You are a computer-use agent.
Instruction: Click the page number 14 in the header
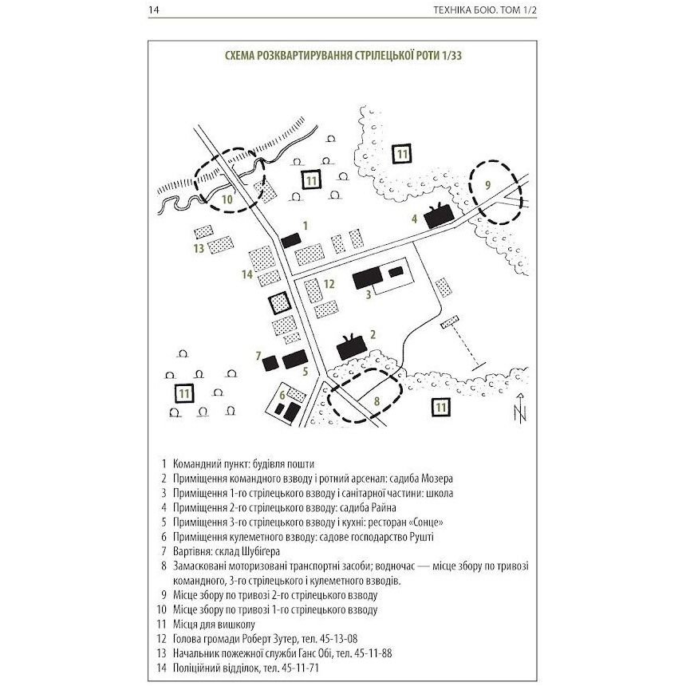click(x=154, y=11)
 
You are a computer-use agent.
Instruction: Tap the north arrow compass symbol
click(x=520, y=409)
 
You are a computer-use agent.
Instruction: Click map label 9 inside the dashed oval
click(x=488, y=185)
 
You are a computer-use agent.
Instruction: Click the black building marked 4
click(x=438, y=217)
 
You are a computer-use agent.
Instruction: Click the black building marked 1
click(x=290, y=240)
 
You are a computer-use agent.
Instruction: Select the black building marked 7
click(x=271, y=361)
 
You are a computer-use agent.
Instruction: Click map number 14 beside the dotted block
click(x=247, y=275)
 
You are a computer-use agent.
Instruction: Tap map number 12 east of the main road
click(x=329, y=284)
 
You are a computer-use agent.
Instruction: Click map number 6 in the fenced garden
click(x=282, y=393)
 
